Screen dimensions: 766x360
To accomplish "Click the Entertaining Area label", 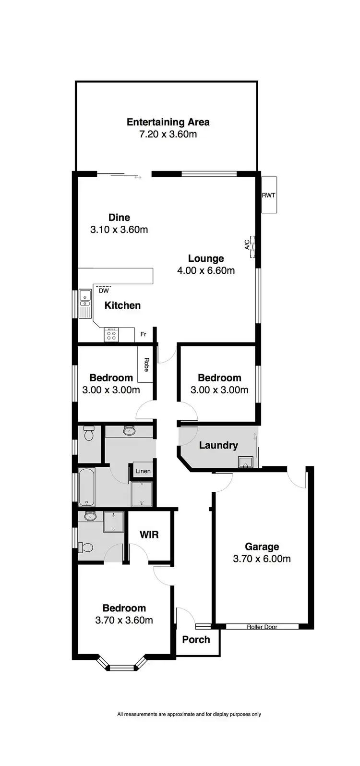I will tap(168, 122).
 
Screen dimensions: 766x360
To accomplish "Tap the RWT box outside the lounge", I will tap(269, 195).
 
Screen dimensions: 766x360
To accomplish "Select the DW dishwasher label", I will tap(104, 291).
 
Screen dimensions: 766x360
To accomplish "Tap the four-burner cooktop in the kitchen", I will tap(111, 334).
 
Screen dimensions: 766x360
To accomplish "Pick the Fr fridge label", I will tap(143, 334).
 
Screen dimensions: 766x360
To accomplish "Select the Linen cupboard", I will tap(143, 471).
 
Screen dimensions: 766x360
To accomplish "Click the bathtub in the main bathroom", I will tap(87, 487).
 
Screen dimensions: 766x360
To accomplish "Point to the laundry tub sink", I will tap(246, 462).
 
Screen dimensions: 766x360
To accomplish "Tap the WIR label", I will tap(149, 535).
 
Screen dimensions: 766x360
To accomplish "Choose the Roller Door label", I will tap(262, 627).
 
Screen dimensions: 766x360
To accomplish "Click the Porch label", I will tap(196, 640).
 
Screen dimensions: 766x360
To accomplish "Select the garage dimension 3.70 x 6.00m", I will tap(262, 559).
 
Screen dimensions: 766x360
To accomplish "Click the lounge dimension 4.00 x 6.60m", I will tap(206, 270).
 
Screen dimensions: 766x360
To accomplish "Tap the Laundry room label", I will tap(218, 445).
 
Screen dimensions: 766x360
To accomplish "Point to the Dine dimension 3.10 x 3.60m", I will tap(119, 230).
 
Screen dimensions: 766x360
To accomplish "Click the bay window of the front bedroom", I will tap(121, 665).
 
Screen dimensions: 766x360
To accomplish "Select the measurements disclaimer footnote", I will tap(189, 714).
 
